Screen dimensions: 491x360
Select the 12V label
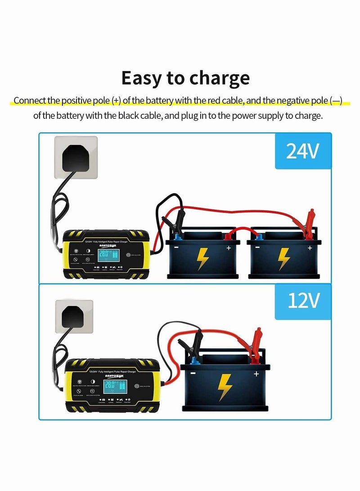pyautogui.click(x=302, y=301)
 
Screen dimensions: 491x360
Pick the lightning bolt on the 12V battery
pyautogui.click(x=225, y=387)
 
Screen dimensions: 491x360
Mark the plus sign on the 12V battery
pyautogui.click(x=256, y=373)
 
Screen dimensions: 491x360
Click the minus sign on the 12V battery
pyautogui.click(x=192, y=373)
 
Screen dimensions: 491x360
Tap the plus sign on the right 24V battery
pyautogui.click(x=310, y=248)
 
